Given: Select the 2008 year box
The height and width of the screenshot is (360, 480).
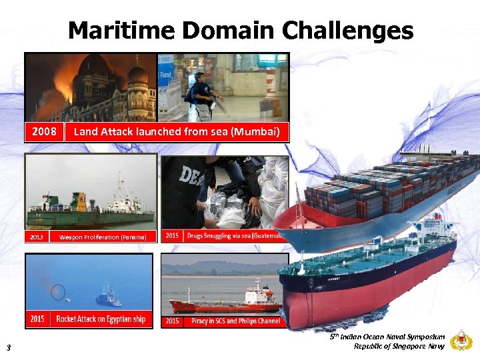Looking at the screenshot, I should point(45,131).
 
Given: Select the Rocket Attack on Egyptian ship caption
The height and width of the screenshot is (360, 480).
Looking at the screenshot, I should point(101,319).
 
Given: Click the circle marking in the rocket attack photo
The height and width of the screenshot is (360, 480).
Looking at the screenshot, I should point(58,291).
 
